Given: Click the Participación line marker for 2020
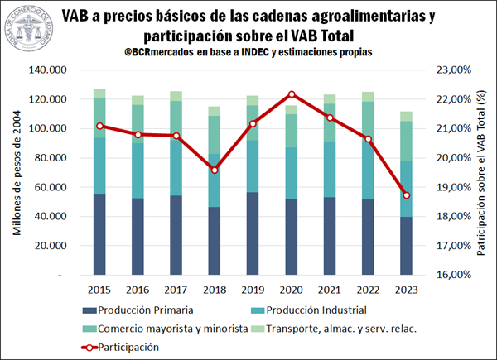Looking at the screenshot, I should (292, 94).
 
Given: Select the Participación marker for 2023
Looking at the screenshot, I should (406, 195).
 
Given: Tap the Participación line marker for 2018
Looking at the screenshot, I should (215, 170).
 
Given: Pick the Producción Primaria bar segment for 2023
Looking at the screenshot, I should (406, 246).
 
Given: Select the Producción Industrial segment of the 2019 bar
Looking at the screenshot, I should (253, 166).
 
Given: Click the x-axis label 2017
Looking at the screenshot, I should (176, 289).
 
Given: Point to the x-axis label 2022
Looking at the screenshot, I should (368, 289).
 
